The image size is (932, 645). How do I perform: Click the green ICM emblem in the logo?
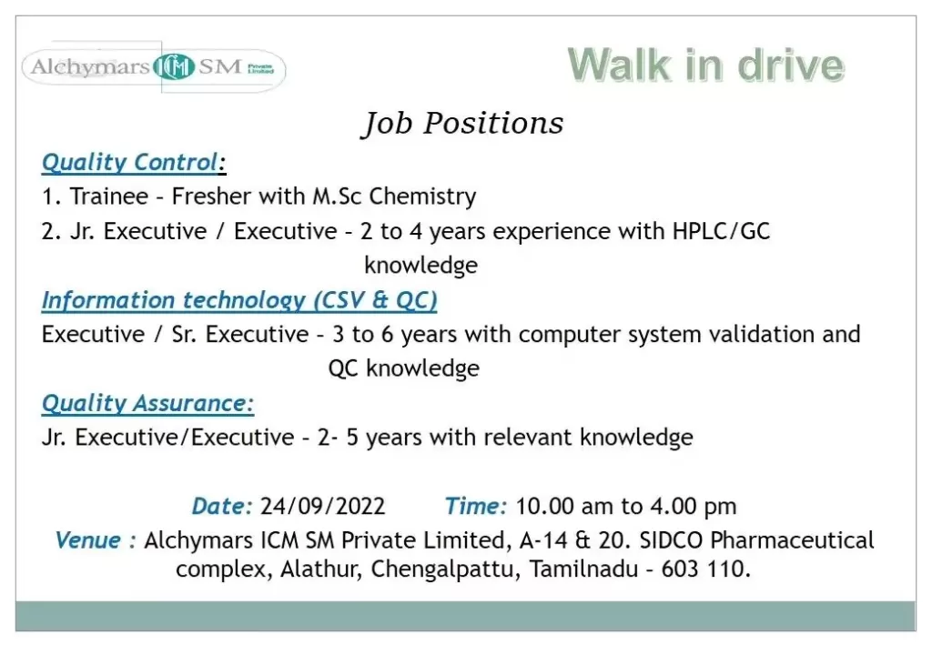[174, 66]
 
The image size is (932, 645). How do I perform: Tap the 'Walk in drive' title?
[705, 65]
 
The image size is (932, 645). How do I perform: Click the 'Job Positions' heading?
[462, 124]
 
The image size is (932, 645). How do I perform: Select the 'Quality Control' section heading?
[134, 162]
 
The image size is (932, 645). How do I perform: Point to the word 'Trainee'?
[109, 196]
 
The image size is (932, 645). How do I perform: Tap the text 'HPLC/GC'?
[721, 231]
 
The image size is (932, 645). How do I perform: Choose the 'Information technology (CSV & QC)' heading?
[239, 300]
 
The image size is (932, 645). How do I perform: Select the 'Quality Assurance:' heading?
[148, 403]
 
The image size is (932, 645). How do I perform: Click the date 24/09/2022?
[323, 506]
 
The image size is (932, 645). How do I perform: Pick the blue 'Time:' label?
[476, 506]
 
